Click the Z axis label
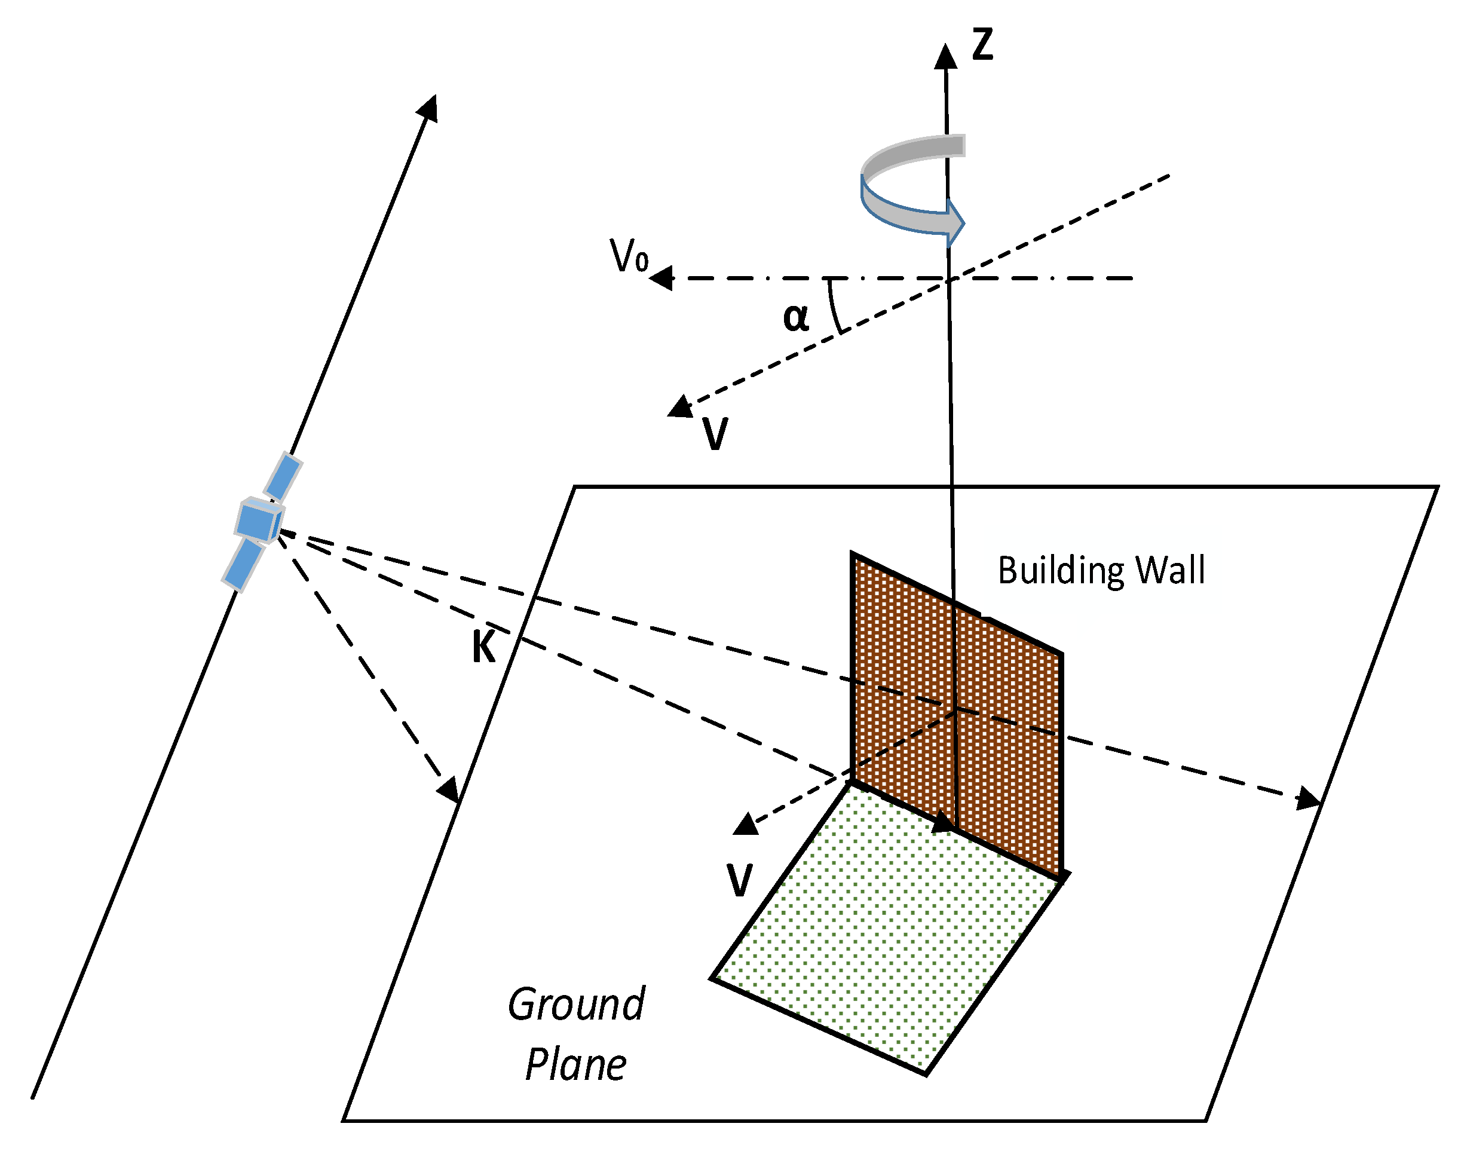[982, 45]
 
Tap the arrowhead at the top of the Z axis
[945, 57]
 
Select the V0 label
[628, 257]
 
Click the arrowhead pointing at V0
[661, 278]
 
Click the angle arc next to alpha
[834, 307]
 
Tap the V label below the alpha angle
[715, 433]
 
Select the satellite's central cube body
[259, 521]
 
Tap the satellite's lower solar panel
[243, 564]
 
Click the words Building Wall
[1100, 571]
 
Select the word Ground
[576, 1005]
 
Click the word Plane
[575, 1066]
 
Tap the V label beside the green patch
[739, 880]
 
